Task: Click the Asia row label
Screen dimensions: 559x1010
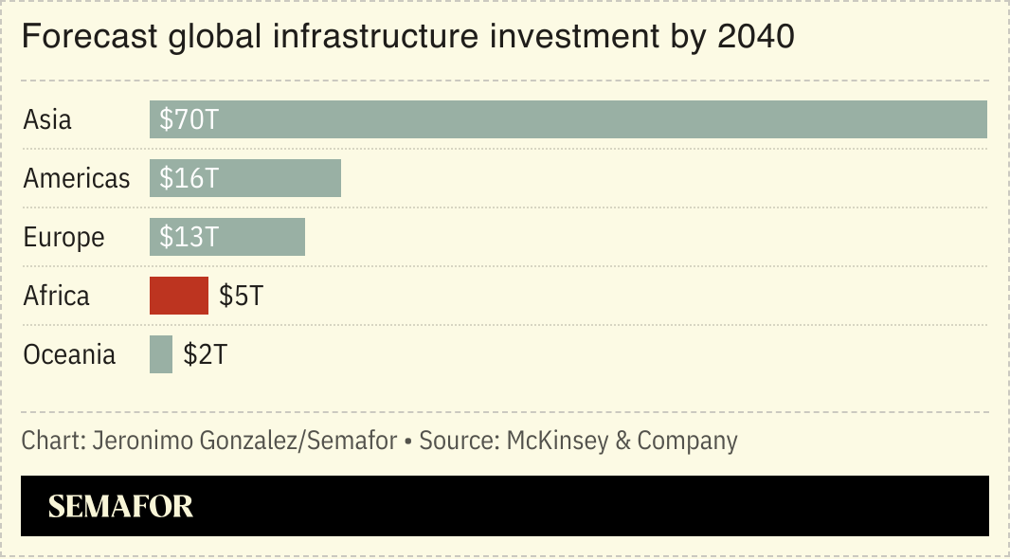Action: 47,120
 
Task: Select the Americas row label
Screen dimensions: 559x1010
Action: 77,179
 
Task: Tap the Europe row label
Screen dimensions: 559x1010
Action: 63,237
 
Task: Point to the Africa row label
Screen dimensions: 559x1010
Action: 56,296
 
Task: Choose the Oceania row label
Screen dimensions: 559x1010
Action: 69,354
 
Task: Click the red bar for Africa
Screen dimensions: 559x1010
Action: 178,296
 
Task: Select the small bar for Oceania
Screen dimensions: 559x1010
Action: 161,354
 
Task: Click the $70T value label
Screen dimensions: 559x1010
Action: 189,120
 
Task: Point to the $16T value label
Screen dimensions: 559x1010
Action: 189,179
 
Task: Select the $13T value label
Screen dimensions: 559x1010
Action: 189,237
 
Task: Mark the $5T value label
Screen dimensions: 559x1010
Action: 241,296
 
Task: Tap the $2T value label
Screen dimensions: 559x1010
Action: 206,354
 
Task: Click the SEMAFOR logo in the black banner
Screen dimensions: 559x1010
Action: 120,507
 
